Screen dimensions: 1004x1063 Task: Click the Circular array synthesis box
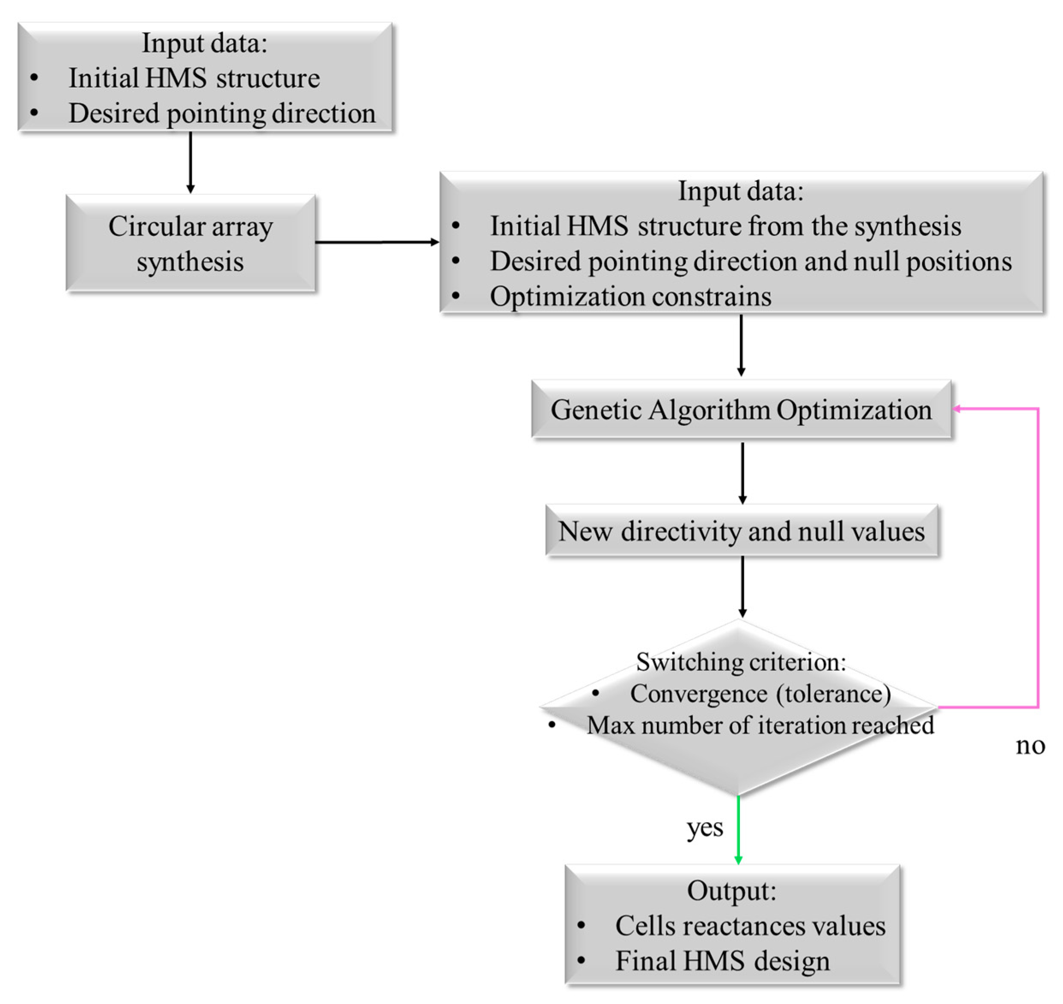[x=190, y=244]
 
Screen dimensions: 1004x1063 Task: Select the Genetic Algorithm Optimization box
[x=741, y=410]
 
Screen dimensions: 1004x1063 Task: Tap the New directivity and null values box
[x=741, y=532]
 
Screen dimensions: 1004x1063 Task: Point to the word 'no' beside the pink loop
[x=1030, y=745]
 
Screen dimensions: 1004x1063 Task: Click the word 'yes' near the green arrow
[x=704, y=828]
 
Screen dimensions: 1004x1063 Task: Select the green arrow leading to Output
[x=739, y=829]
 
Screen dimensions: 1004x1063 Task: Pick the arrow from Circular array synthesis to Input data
[x=377, y=242]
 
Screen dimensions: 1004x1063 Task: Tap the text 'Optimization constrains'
[x=630, y=297]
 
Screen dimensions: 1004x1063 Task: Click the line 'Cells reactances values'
[x=750, y=926]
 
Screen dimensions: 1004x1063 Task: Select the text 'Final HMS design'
[x=722, y=961]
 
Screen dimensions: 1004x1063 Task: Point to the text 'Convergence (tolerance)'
[x=760, y=694]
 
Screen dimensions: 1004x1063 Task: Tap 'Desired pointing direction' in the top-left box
[x=222, y=113]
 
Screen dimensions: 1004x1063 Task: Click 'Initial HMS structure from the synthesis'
[x=725, y=226]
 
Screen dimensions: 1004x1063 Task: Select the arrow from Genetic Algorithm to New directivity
[x=742, y=472]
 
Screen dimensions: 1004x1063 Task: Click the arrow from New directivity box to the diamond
[x=742, y=586]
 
